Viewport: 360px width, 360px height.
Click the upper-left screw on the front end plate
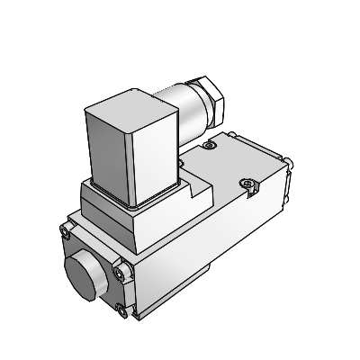(69, 234)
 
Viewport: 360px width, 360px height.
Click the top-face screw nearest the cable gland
(209, 145)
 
